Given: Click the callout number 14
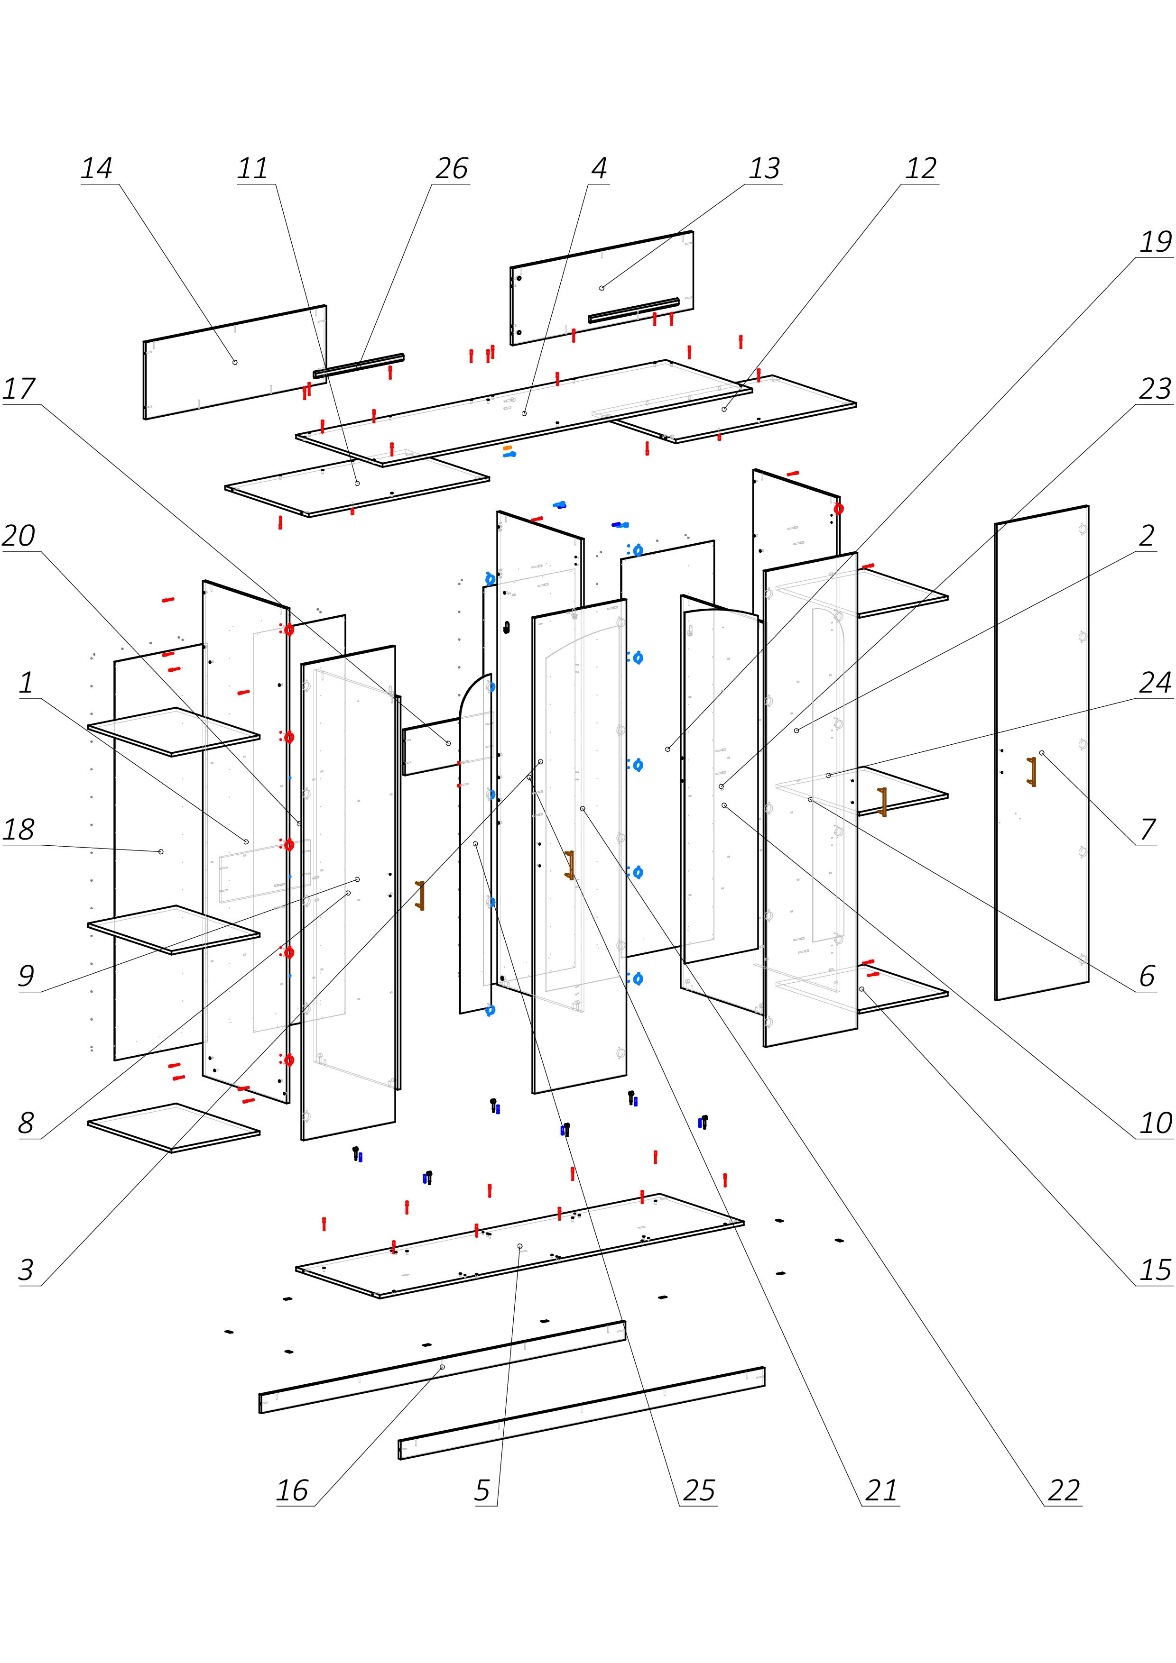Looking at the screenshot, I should coord(96,169).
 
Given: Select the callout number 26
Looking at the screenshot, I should coord(452,169).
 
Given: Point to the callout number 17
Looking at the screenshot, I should coord(19,389).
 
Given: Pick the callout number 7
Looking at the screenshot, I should coord(1148,829).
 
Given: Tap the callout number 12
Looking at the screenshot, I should coord(921,169).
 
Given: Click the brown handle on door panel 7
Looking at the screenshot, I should coord(1031,771).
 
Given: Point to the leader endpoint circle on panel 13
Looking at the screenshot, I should coord(602,288).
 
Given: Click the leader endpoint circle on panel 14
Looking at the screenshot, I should coord(235,361).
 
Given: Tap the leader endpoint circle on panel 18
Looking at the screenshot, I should coord(161,852).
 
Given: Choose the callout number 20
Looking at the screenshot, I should coord(19,536).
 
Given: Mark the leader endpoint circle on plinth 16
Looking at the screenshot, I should coord(442,1367).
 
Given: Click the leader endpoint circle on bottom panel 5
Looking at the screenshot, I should coord(519,1246).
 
